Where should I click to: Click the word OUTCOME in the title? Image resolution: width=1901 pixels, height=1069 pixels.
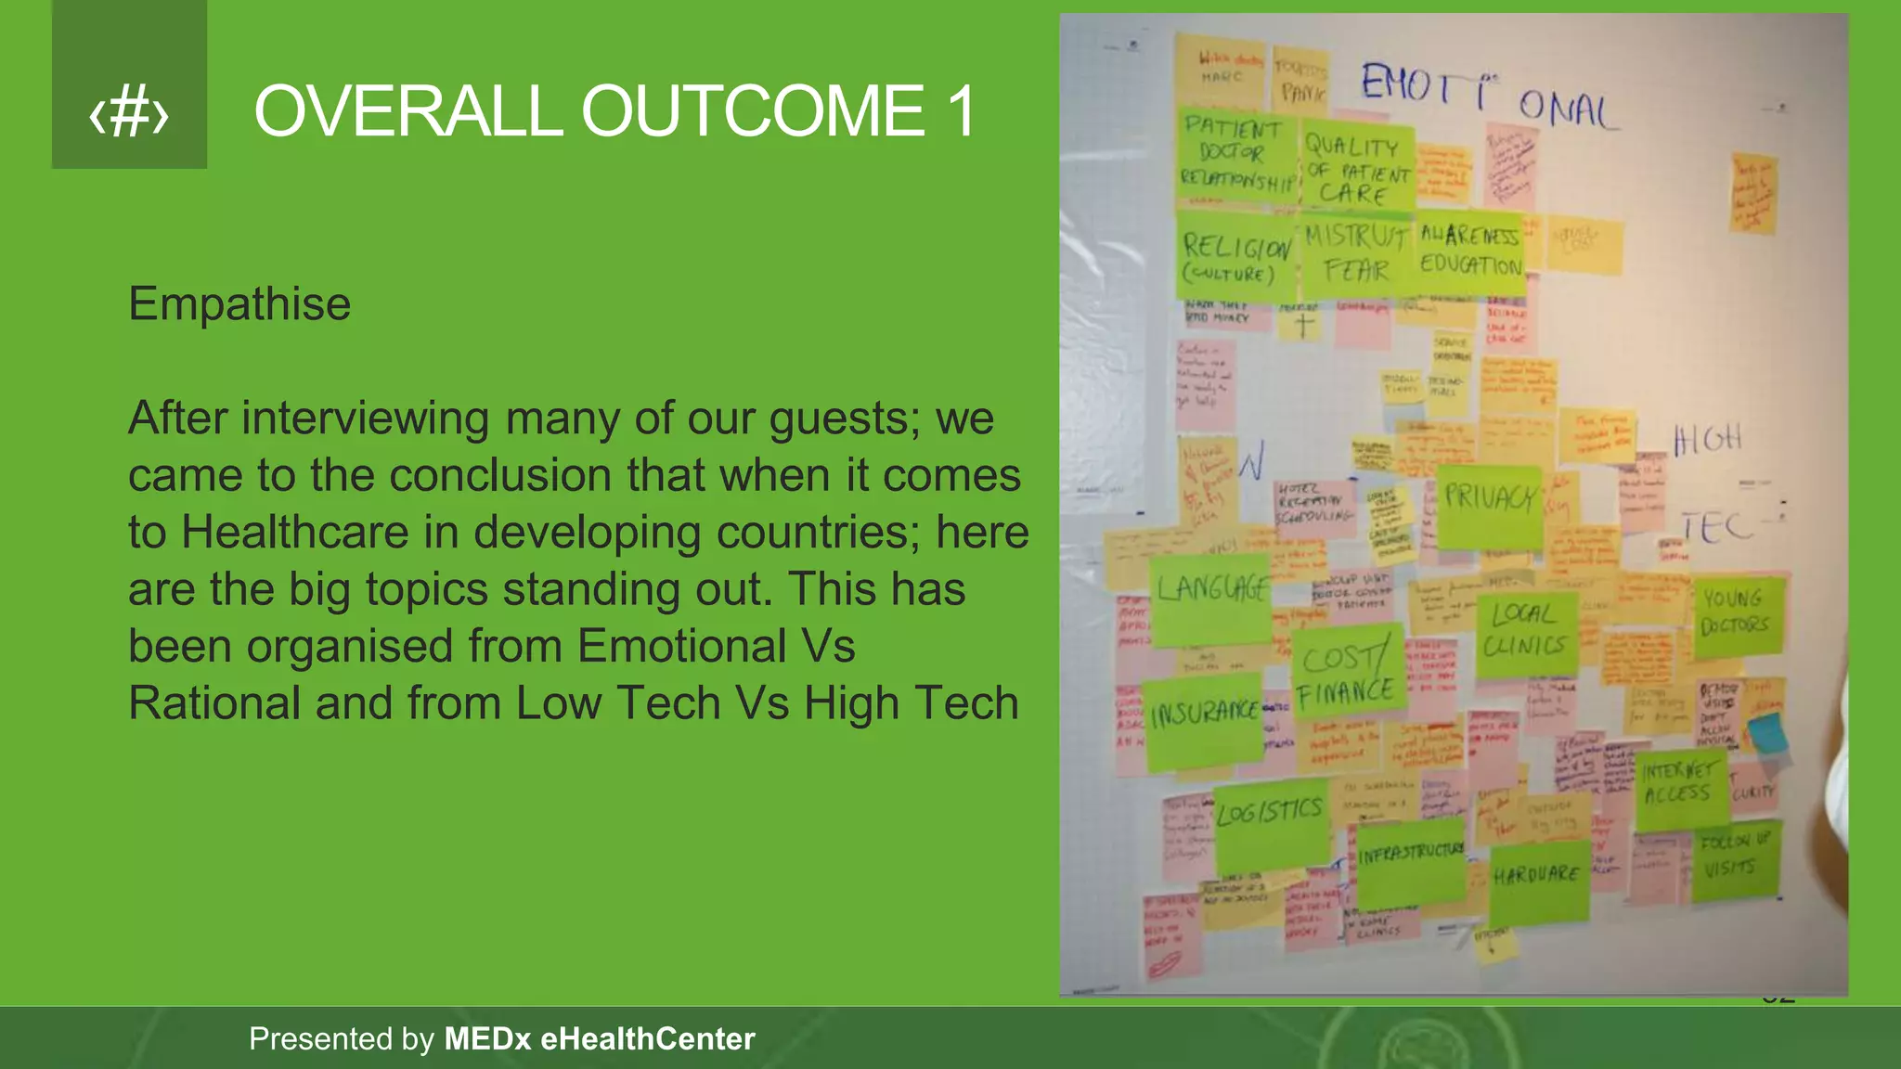click(752, 111)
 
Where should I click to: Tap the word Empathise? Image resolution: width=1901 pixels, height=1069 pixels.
click(239, 304)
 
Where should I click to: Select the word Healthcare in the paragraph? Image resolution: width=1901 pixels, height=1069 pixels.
click(294, 533)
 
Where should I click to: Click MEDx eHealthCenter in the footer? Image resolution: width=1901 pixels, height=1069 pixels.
click(599, 1038)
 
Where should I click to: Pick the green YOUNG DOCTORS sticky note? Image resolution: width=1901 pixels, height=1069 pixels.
click(1734, 616)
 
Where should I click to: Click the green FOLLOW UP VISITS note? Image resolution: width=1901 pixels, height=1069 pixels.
click(1734, 859)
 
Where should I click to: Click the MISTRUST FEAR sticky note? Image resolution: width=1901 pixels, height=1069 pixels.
click(1356, 252)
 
